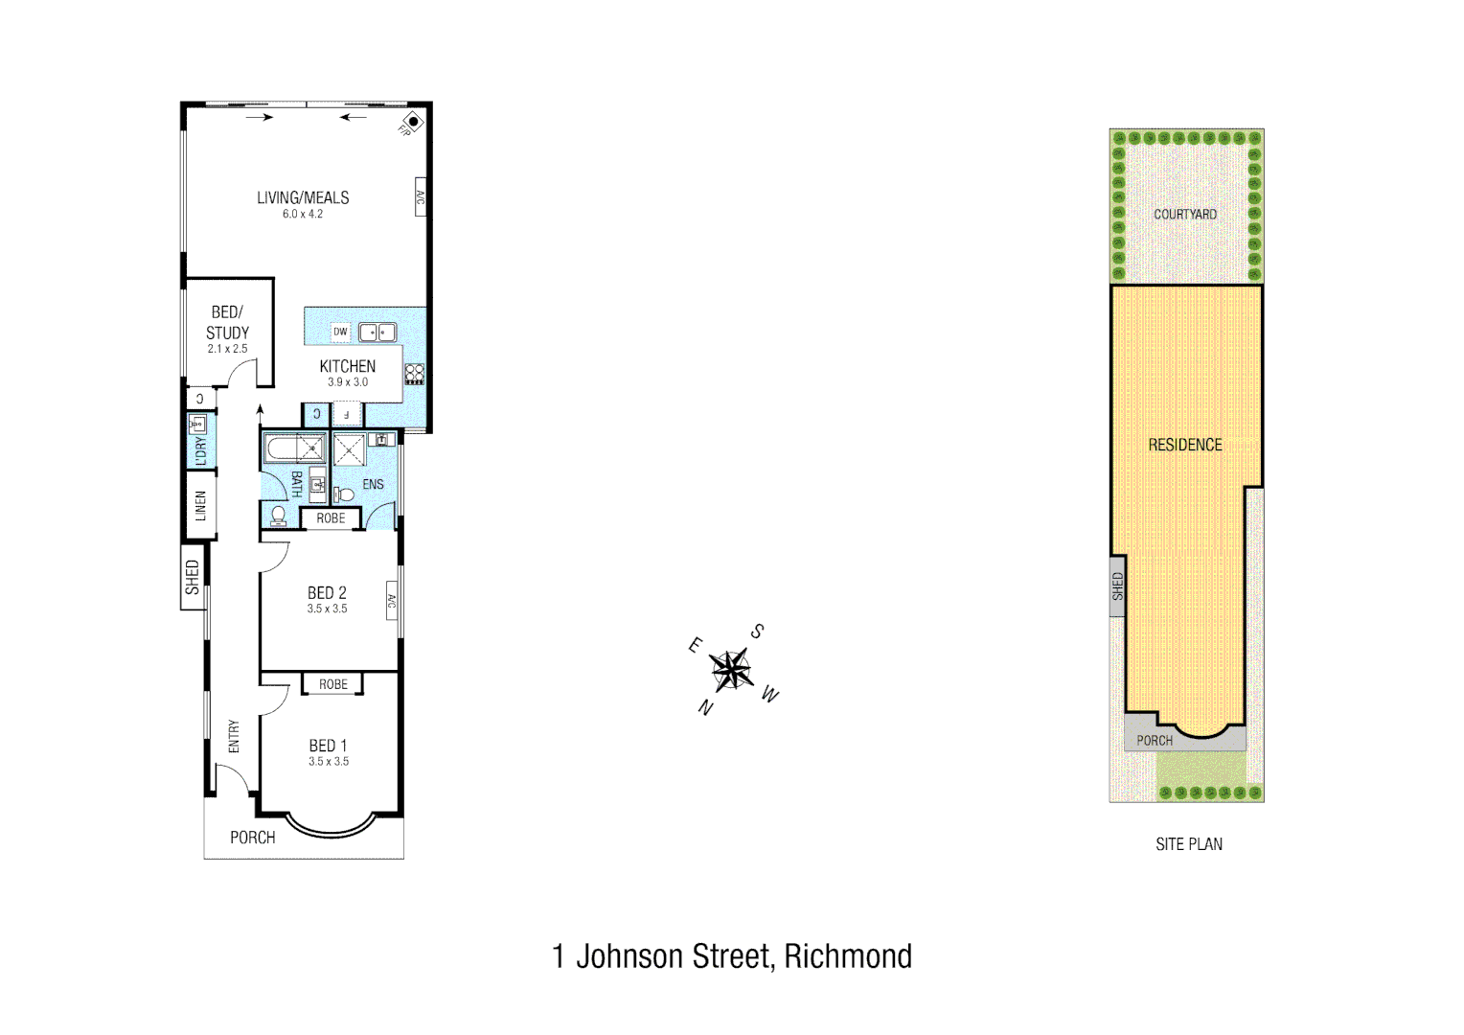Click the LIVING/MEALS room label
303,198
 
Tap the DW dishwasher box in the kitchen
340,332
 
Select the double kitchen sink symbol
377,333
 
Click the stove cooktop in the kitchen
415,374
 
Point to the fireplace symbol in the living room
413,122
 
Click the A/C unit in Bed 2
392,601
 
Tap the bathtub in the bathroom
295,448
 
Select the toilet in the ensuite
343,494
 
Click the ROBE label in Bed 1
333,684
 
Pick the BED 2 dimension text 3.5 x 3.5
328,609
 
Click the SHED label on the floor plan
193,577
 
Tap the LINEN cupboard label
200,505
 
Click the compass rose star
731,669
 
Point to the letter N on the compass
706,708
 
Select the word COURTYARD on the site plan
1185,214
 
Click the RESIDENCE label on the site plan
1185,445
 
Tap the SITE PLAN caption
1189,844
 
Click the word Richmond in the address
848,956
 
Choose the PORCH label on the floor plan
253,838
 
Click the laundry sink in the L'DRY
198,424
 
